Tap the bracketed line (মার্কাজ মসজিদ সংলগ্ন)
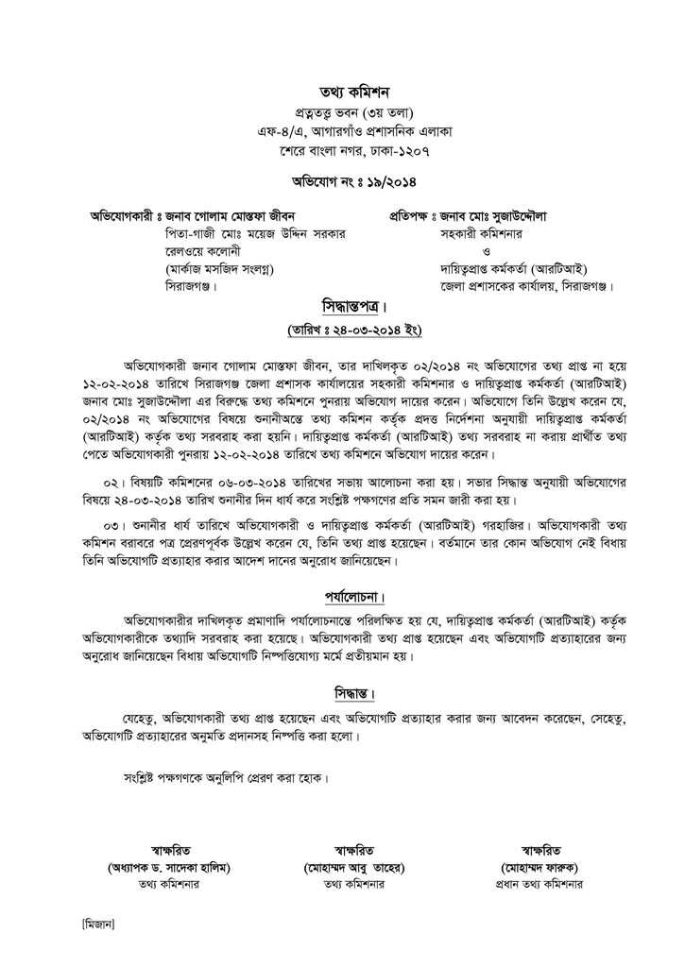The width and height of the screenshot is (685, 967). coord(219,268)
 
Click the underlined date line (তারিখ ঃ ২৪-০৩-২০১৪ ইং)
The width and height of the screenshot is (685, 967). coord(353,330)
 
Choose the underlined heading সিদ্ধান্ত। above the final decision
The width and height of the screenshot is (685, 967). coord(348,694)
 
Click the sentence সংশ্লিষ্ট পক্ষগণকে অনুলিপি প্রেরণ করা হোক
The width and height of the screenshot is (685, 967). coord(227,780)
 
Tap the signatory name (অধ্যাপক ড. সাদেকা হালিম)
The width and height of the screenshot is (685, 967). coord(171,867)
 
